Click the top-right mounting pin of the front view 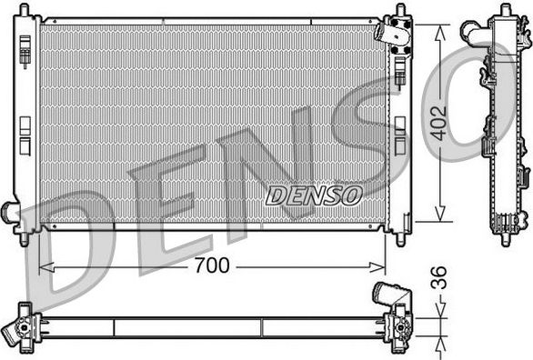[x=398, y=11]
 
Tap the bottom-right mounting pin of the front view [x=399, y=238]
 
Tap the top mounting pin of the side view [x=504, y=9]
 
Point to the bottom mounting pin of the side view [x=503, y=240]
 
